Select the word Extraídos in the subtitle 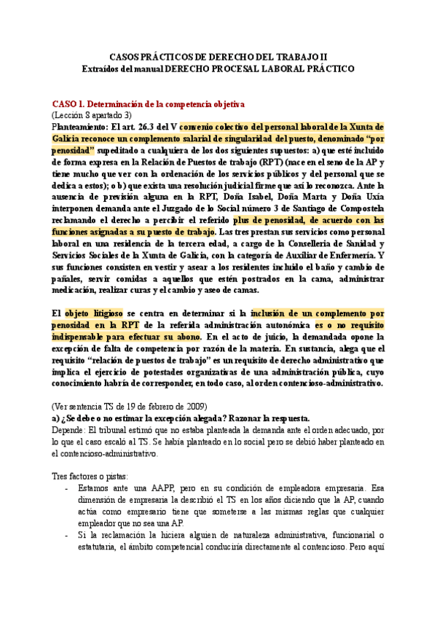[x=106, y=68]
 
